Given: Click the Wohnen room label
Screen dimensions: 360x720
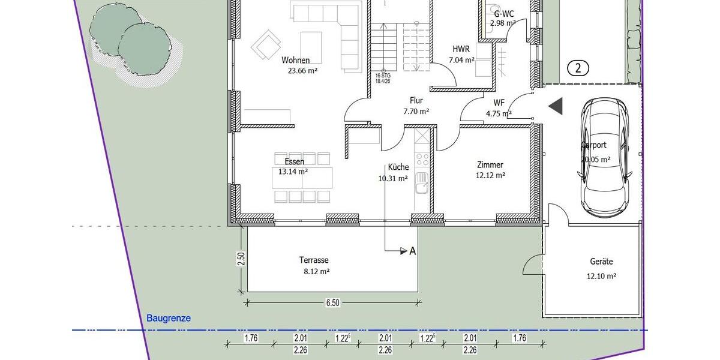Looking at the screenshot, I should (296, 60).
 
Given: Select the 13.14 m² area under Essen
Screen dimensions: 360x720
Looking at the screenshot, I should (293, 171).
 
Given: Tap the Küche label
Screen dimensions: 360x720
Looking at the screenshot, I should (398, 167).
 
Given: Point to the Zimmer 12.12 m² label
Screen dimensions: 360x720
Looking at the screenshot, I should (490, 170).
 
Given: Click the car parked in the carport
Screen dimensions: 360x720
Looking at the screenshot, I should (605, 157).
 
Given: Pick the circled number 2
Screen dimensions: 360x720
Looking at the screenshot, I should (578, 68).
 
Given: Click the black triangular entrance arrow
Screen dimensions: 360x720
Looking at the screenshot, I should (556, 106).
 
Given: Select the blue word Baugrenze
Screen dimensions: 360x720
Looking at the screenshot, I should (169, 319).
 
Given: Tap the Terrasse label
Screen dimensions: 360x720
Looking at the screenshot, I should (314, 260).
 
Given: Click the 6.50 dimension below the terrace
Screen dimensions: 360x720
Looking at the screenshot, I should (333, 303).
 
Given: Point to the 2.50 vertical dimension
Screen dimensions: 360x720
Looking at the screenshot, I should (241, 259).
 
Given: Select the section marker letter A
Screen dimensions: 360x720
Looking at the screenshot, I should (413, 251).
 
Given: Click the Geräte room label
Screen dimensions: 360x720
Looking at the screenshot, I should (601, 262).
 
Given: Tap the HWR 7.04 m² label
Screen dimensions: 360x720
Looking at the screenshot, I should (461, 54).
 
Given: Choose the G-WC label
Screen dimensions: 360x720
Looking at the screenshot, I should (503, 13).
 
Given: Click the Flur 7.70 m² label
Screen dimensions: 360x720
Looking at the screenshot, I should (416, 106).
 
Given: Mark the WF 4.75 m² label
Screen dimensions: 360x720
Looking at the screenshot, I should (499, 107).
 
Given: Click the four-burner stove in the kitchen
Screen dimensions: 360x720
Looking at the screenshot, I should (422, 159).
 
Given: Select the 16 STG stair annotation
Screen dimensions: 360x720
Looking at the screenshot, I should (379, 78).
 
